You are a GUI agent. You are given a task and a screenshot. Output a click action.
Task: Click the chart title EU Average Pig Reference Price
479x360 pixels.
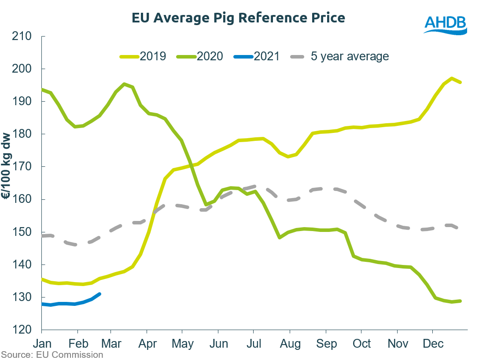click(238, 18)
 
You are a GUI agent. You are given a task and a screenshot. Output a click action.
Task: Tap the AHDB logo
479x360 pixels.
click(445, 24)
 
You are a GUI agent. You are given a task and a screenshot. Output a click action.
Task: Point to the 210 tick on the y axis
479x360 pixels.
click(22, 36)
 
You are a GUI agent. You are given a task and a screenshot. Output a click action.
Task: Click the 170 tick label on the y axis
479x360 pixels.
click(22, 167)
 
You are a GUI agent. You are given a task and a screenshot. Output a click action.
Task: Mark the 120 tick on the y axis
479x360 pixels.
click(22, 330)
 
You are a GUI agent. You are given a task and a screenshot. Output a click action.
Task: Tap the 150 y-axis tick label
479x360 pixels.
click(22, 232)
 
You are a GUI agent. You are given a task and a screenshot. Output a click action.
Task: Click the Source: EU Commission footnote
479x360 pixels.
click(52, 354)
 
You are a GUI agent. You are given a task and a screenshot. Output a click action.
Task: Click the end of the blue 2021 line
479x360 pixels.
click(100, 294)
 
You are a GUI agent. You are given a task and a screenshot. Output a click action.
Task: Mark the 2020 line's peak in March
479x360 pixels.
click(124, 84)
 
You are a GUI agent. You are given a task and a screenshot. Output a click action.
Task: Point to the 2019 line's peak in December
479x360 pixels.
click(452, 78)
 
